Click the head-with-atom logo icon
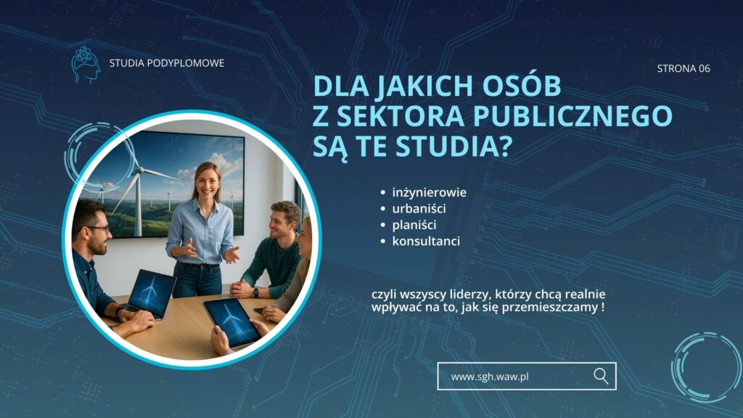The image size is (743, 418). (86, 65)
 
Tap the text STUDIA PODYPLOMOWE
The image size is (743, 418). (167, 63)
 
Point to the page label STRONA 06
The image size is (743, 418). (684, 68)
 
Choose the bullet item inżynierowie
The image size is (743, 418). (430, 192)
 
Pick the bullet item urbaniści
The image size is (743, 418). (419, 208)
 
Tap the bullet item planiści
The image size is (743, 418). (414, 225)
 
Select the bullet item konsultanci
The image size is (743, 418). (426, 241)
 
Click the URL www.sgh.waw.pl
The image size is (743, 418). (490, 377)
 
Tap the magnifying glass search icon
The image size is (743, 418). (601, 377)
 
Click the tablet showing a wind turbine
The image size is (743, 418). (231, 322)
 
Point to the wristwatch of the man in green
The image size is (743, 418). (256, 292)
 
